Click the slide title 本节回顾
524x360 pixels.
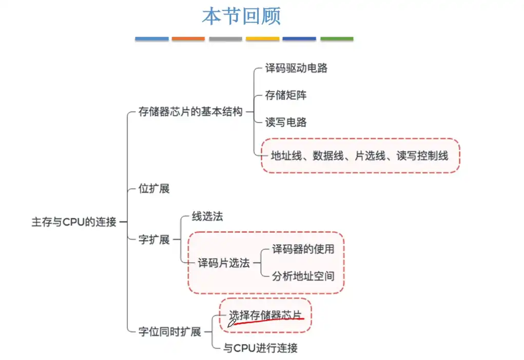pyautogui.click(x=241, y=16)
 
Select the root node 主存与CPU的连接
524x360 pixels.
pyautogui.click(x=74, y=222)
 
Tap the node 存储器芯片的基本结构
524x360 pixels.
pyautogui.click(x=190, y=112)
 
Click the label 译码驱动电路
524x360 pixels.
pyautogui.click(x=296, y=68)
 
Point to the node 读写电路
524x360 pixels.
pyautogui.click(x=286, y=123)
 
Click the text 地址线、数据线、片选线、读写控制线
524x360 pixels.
pyautogui.click(x=359, y=155)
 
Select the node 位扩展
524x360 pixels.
pyautogui.click(x=154, y=189)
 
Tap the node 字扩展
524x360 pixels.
pyautogui.click(x=154, y=239)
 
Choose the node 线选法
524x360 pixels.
pyautogui.click(x=207, y=216)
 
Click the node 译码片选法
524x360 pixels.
pyautogui.click(x=224, y=263)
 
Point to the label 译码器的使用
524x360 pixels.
pyautogui.click(x=303, y=249)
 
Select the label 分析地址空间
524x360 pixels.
pyautogui.click(x=303, y=276)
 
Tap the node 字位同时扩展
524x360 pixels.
pyautogui.click(x=170, y=332)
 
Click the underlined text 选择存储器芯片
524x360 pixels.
pyautogui.click(x=265, y=315)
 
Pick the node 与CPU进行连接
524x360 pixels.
pyautogui.click(x=260, y=348)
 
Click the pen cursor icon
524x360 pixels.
pyautogui.click(x=231, y=323)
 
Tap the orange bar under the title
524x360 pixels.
pyautogui.click(x=188, y=39)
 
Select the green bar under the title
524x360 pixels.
pyautogui.click(x=337, y=39)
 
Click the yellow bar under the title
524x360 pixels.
pyautogui.click(x=262, y=39)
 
